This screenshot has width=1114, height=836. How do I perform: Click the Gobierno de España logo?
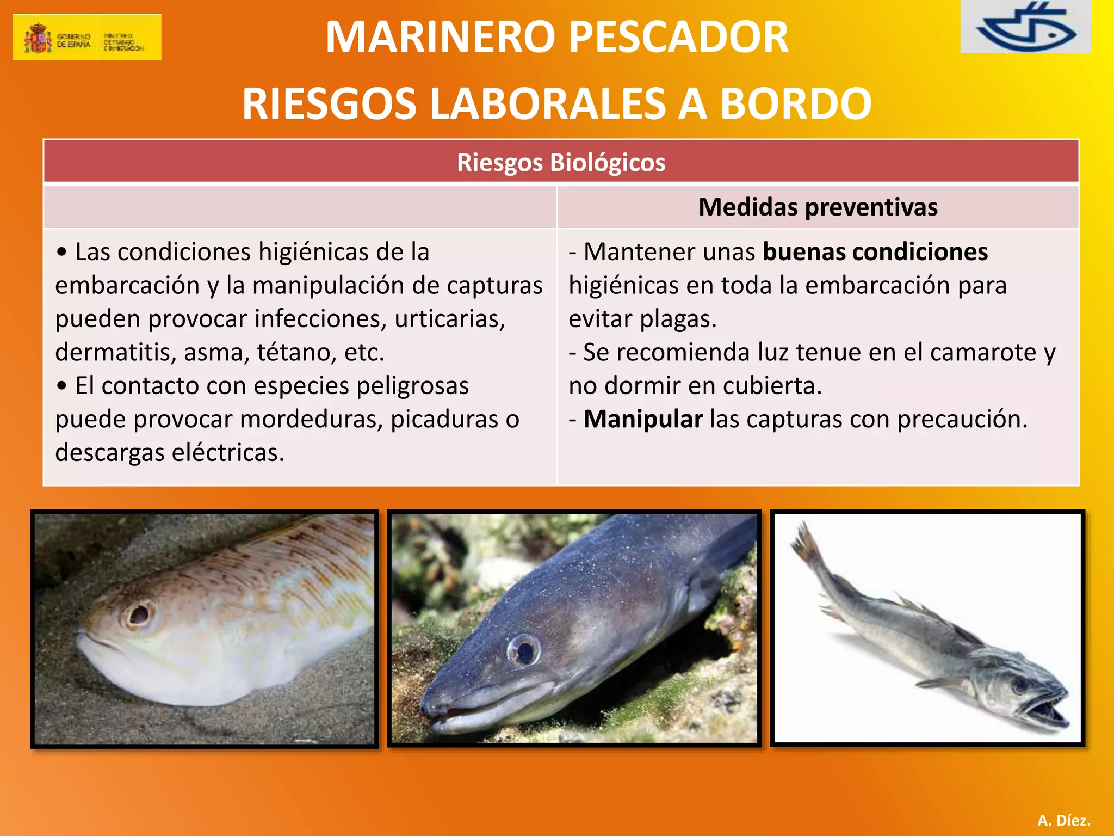coord(87,37)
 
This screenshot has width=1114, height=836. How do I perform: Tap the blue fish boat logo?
coord(1026,27)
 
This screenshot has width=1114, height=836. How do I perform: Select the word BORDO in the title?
coord(796,103)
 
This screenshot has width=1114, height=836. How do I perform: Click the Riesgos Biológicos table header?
coord(561,162)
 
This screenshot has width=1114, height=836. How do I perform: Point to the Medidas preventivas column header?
coord(818,207)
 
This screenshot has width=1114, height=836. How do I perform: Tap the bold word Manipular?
coord(643,419)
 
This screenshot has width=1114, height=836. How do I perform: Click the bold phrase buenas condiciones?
coord(875,252)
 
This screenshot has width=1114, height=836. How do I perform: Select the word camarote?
coord(983,352)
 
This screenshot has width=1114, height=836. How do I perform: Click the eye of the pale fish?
coord(139,614)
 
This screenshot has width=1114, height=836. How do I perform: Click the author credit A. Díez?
coord(1063,820)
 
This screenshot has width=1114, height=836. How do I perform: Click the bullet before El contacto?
coord(62,386)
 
